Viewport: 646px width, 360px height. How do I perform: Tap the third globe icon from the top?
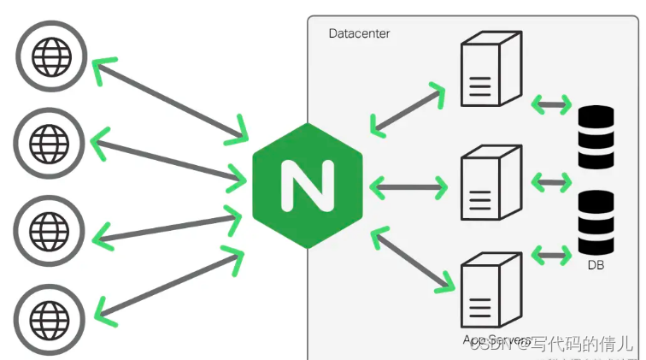50,228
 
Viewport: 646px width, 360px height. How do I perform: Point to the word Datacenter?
359,33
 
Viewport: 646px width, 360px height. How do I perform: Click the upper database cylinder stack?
596,137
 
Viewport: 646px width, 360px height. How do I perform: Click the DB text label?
596,266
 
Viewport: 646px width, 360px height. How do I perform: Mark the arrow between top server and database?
551,106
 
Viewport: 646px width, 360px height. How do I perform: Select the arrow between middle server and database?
551,181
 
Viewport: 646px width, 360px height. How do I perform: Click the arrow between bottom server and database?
551,255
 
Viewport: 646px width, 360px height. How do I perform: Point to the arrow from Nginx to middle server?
409,186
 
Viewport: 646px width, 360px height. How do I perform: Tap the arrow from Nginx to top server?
408,109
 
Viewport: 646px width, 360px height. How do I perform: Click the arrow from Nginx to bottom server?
411,262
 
